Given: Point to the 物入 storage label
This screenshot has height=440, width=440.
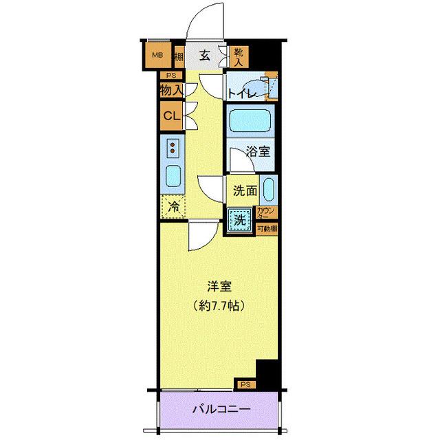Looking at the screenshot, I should pyautogui.click(x=171, y=90).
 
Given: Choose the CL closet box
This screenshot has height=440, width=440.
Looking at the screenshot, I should pyautogui.click(x=171, y=115).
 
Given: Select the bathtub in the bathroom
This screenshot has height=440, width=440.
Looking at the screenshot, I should pyautogui.click(x=250, y=121).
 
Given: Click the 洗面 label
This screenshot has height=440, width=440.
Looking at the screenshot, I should pyautogui.click(x=245, y=190).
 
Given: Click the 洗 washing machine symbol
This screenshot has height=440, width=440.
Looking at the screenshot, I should pyautogui.click(x=240, y=220).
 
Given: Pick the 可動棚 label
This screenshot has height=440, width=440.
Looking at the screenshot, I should pyautogui.click(x=266, y=228).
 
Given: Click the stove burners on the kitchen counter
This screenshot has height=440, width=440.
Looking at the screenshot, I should pyautogui.click(x=174, y=148).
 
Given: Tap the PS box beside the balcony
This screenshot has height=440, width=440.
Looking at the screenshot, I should pyautogui.click(x=245, y=384).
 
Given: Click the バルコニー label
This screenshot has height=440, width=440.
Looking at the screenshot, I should pyautogui.click(x=221, y=410).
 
